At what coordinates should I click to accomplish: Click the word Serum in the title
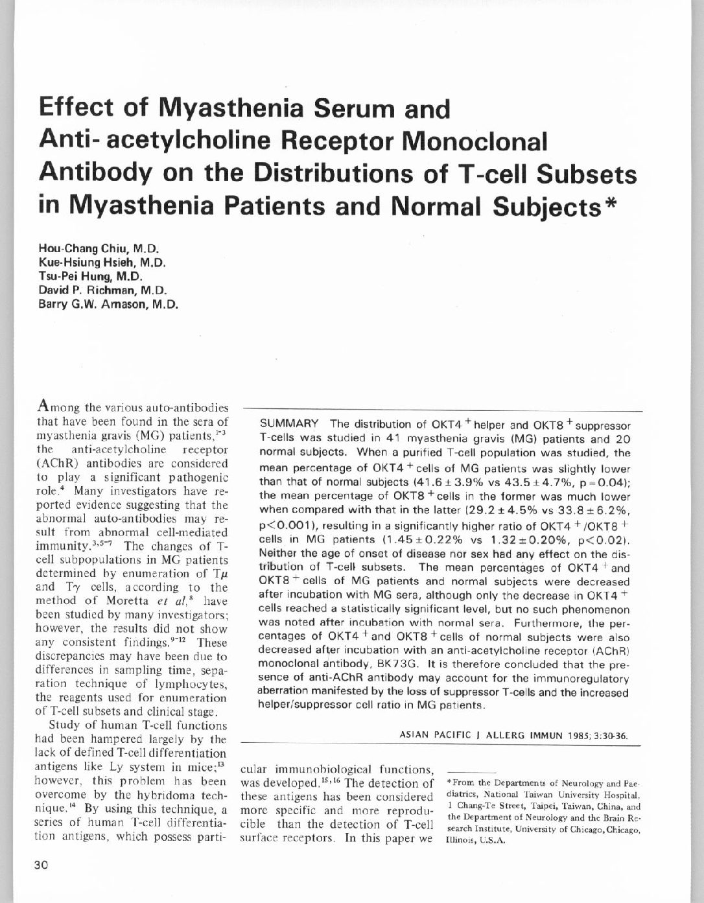click(x=356, y=108)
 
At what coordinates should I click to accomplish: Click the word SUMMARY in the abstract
click(x=289, y=425)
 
